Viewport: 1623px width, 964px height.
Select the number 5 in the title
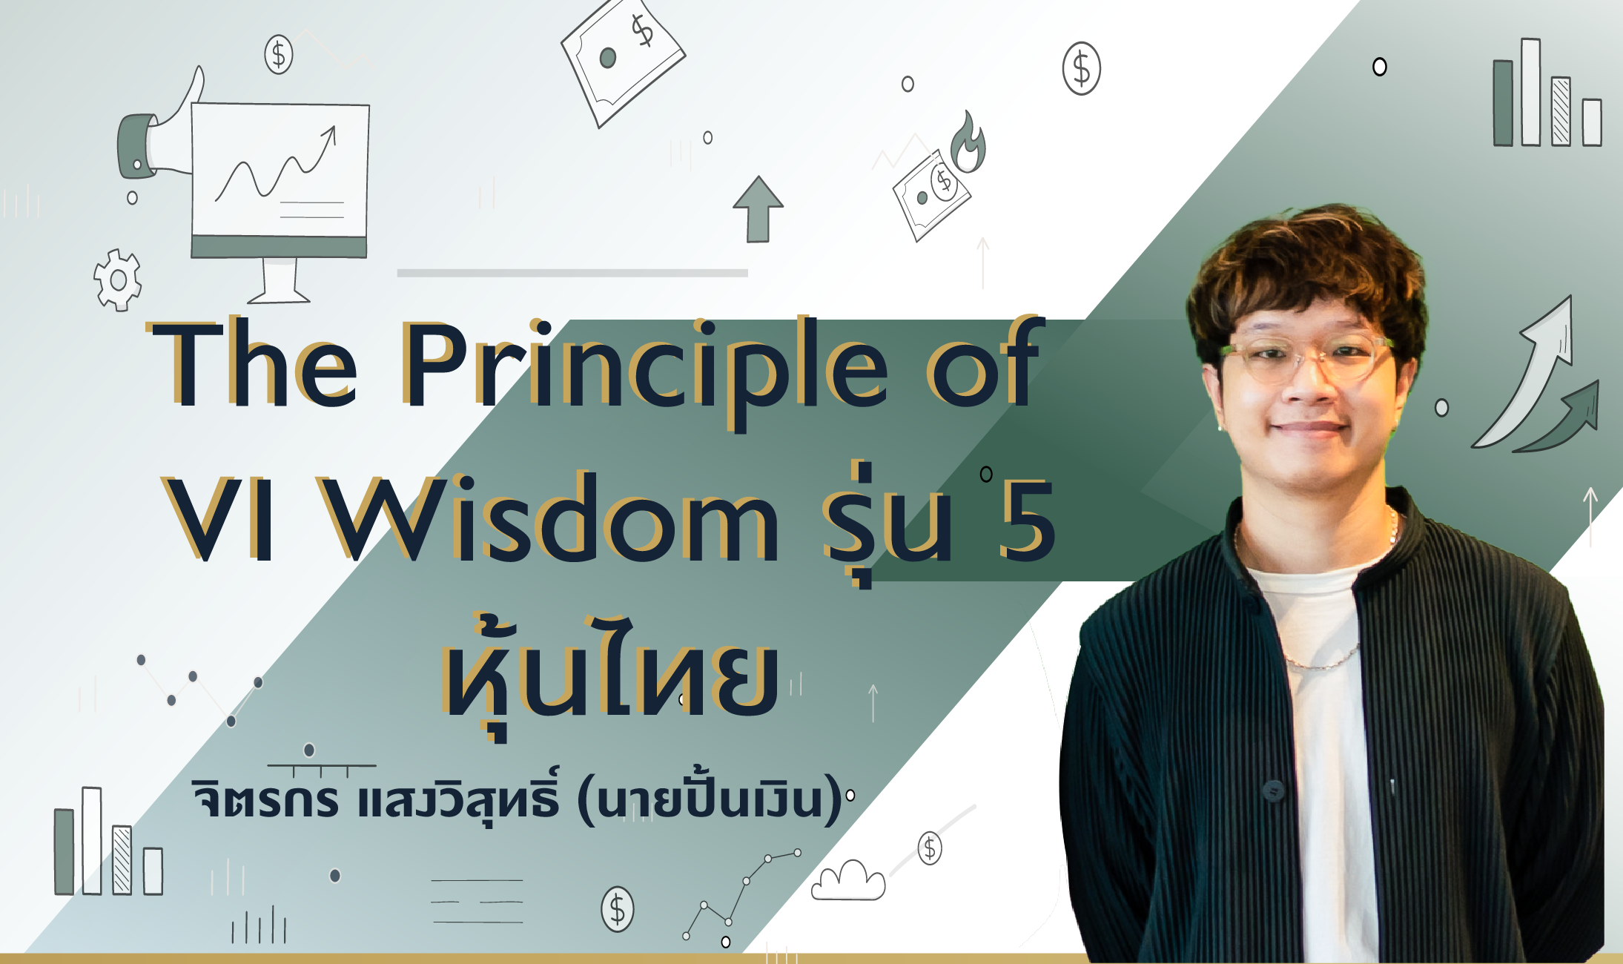click(x=1026, y=519)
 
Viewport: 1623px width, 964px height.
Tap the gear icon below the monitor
click(x=117, y=280)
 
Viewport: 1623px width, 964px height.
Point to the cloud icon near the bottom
click(x=848, y=882)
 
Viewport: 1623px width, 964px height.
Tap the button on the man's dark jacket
click(x=1273, y=790)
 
